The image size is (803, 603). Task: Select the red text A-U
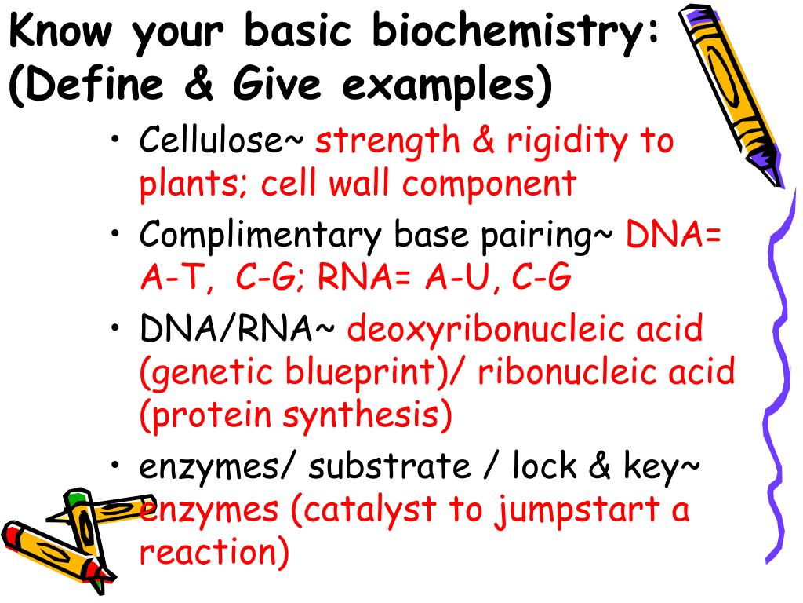point(462,277)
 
